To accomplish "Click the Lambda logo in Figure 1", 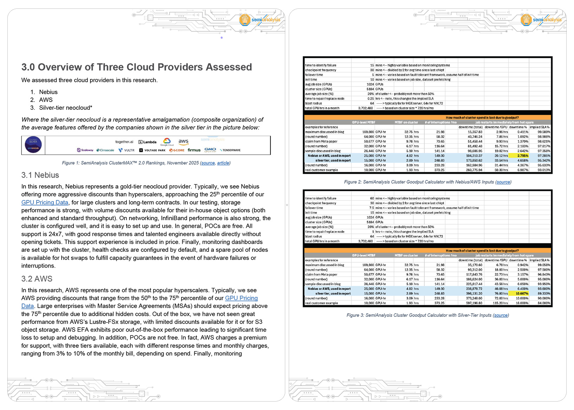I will click(147, 142).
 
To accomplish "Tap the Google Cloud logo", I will click(167, 142).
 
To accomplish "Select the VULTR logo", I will click(127, 150).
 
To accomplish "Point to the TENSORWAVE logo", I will click(230, 150).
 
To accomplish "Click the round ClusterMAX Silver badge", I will click(33, 145).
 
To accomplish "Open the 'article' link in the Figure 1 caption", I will click(223, 163).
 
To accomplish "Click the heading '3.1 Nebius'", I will click(40, 175).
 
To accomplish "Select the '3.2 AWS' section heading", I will click(37, 279).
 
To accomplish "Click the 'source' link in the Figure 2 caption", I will click(503, 182).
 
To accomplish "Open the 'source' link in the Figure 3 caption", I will click(500, 315).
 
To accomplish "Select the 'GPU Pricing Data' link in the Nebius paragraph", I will click(45, 203).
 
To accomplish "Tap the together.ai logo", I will click(124, 142).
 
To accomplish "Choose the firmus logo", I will click(194, 150).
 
